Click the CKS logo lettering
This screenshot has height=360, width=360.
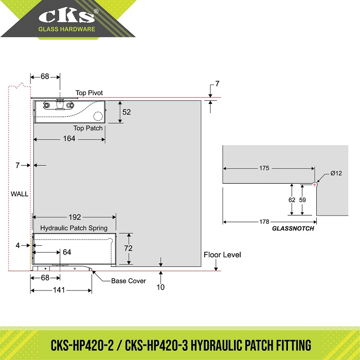click(x=67, y=16)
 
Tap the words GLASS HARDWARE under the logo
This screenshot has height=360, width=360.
click(x=66, y=29)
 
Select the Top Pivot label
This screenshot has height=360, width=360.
click(x=89, y=93)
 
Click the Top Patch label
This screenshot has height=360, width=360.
click(x=88, y=128)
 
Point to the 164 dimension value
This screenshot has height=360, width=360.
click(x=69, y=138)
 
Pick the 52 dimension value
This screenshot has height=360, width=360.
click(x=127, y=112)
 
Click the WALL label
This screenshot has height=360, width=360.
click(x=20, y=194)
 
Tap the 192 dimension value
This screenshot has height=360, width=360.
click(x=75, y=217)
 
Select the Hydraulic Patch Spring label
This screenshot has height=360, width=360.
click(x=74, y=228)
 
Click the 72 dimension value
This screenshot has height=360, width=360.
click(x=129, y=248)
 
